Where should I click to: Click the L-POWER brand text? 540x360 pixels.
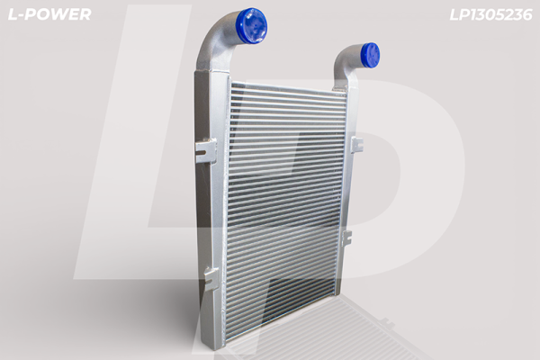(x=49, y=14)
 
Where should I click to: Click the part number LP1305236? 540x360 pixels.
(x=490, y=14)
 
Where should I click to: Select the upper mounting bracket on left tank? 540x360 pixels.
(x=206, y=150)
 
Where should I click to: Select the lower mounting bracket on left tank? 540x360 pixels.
(x=211, y=278)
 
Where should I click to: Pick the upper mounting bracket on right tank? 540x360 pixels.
(x=356, y=145)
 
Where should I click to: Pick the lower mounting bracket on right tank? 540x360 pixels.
(x=346, y=238)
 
